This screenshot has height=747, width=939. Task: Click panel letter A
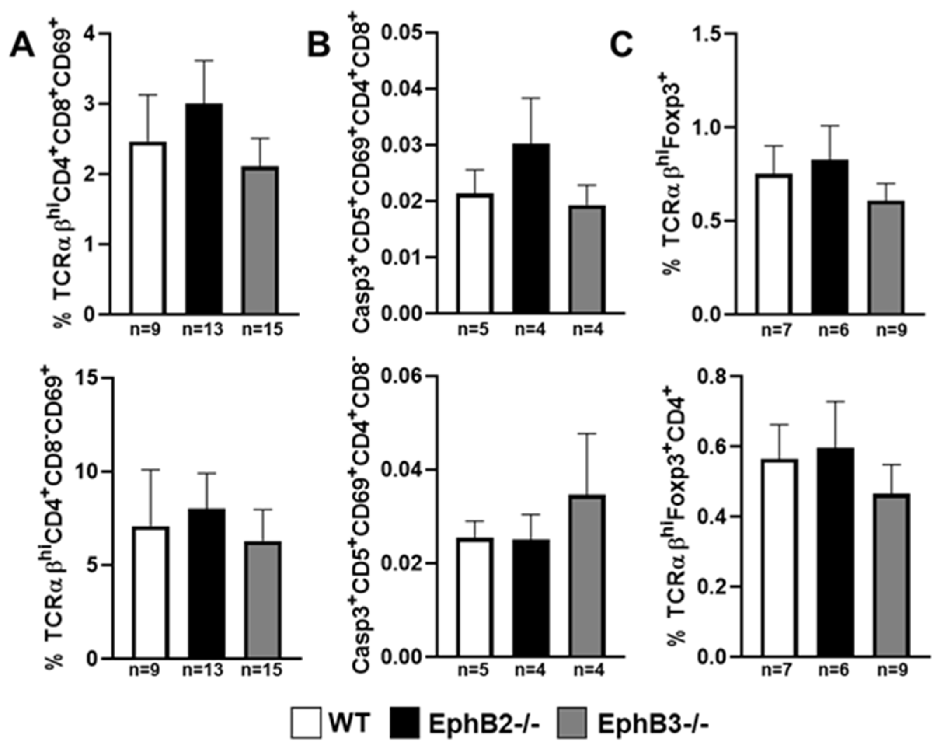pos(23,46)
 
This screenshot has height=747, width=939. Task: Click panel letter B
pos(319,46)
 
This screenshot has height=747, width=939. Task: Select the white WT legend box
pos(306,723)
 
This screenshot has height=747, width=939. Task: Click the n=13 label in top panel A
pos(202,330)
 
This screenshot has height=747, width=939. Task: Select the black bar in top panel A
pos(204,209)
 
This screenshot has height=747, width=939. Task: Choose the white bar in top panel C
pos(774,244)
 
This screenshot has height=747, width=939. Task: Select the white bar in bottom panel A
pos(151,593)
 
